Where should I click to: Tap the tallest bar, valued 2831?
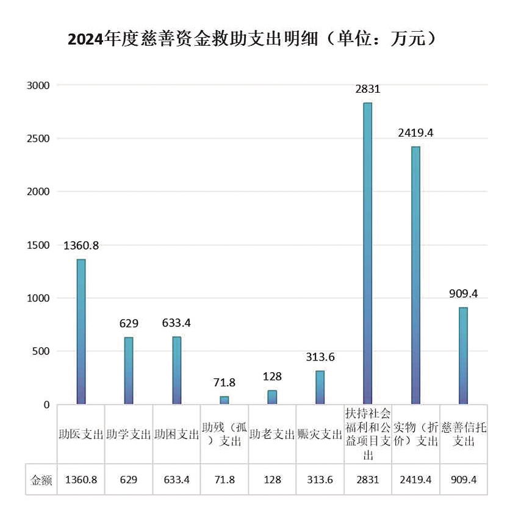(368, 253)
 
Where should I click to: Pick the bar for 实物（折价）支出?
(415, 275)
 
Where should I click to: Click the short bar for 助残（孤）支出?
(224, 400)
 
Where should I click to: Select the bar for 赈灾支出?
(320, 387)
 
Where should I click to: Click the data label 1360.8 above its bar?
(81, 246)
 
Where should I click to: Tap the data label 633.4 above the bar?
(177, 323)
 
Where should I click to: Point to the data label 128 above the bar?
(272, 377)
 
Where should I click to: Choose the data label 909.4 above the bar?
(463, 293)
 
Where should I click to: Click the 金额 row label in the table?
(41, 480)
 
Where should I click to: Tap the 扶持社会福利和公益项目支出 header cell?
(368, 434)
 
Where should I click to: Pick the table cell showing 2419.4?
(415, 480)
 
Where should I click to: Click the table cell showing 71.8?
(224, 480)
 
